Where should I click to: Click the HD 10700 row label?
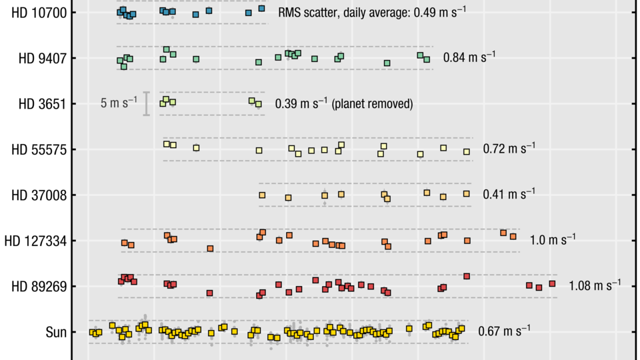pyautogui.click(x=39, y=13)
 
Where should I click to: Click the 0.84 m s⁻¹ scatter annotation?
pyautogui.click(x=469, y=57)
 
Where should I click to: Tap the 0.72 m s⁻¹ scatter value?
pyautogui.click(x=509, y=148)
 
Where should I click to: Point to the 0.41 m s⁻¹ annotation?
pyautogui.click(x=509, y=194)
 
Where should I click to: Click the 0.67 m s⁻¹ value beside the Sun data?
pyautogui.click(x=504, y=330)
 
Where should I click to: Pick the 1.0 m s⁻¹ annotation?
pyautogui.click(x=553, y=239)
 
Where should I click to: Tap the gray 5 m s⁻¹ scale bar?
pyautogui.click(x=147, y=103)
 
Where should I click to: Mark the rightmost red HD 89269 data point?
pyautogui.click(x=552, y=283)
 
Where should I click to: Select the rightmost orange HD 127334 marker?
pyautogui.click(x=513, y=236)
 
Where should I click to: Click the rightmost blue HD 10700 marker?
pyautogui.click(x=261, y=9)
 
